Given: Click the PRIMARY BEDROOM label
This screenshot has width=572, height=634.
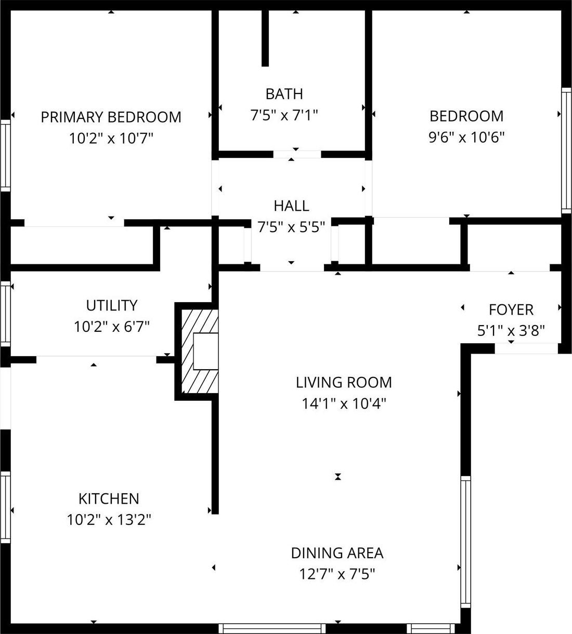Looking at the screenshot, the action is point(111,117).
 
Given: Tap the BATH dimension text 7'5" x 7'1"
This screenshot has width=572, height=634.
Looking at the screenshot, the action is point(284,115).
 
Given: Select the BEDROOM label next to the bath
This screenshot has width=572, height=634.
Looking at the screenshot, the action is point(466,116).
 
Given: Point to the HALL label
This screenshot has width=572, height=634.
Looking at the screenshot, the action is point(291,206).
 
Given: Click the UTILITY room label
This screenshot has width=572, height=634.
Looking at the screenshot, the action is point(112,306).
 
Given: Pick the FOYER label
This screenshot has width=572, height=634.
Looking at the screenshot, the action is point(511,310).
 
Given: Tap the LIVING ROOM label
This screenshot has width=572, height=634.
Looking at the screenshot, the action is point(344,383).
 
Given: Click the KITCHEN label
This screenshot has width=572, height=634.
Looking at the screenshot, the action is point(109,499).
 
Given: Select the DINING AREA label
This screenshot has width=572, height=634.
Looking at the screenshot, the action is point(337,554).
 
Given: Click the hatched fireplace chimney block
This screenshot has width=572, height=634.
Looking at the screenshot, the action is point(200,352).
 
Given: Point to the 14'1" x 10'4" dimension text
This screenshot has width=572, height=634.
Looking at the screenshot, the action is point(344,404).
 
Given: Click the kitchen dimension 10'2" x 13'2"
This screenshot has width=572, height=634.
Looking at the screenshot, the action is point(109,520).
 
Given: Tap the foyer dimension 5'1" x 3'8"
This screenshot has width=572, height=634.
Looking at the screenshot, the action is point(511,331).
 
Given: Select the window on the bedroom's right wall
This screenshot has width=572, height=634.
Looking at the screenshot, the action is point(566,151).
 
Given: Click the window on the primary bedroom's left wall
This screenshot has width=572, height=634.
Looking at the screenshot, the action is point(5,155).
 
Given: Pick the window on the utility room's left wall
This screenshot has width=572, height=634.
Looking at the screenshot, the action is point(5,314).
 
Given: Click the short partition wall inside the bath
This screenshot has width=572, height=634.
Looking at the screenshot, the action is point(265,38).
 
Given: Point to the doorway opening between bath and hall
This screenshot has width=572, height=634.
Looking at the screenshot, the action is point(297,155).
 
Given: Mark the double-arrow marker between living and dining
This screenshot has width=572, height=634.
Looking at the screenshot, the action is point(338,477).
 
